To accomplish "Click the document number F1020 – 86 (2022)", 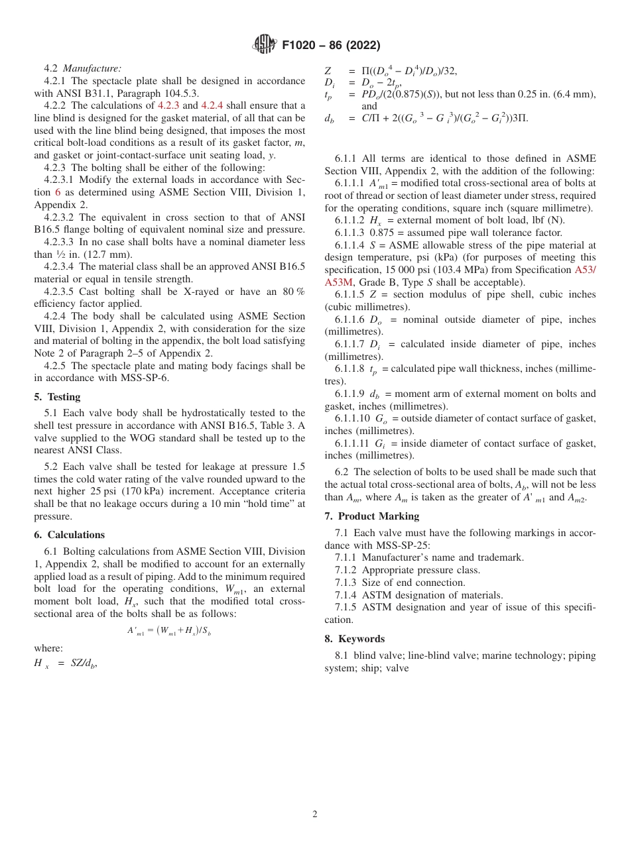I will (331, 46).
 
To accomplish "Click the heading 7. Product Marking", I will (371, 516).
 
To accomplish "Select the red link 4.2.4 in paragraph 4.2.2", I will (212, 106).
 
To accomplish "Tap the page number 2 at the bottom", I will (315, 815).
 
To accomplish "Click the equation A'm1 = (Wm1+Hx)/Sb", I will (169, 631).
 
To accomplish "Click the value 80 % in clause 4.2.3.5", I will (292, 292).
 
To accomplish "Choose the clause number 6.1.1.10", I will (353, 419).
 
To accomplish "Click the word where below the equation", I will (48, 648).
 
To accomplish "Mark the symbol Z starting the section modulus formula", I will (328, 72).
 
